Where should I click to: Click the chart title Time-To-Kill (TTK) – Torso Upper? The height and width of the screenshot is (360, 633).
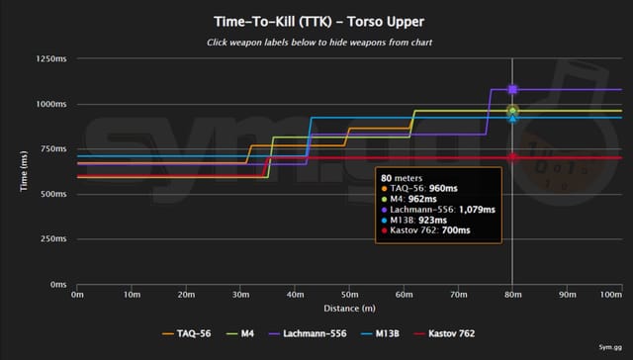(316, 20)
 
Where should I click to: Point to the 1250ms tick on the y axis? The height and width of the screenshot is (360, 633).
(51, 59)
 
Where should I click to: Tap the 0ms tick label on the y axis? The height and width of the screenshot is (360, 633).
(57, 285)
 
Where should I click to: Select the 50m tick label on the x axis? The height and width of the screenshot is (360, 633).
(348, 294)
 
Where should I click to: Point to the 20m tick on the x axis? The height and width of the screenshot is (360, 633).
(185, 294)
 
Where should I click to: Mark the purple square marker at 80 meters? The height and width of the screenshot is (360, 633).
(512, 90)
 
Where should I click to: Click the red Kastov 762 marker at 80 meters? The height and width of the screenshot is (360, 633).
(512, 158)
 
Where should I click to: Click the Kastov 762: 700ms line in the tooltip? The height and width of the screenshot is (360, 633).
(431, 230)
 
